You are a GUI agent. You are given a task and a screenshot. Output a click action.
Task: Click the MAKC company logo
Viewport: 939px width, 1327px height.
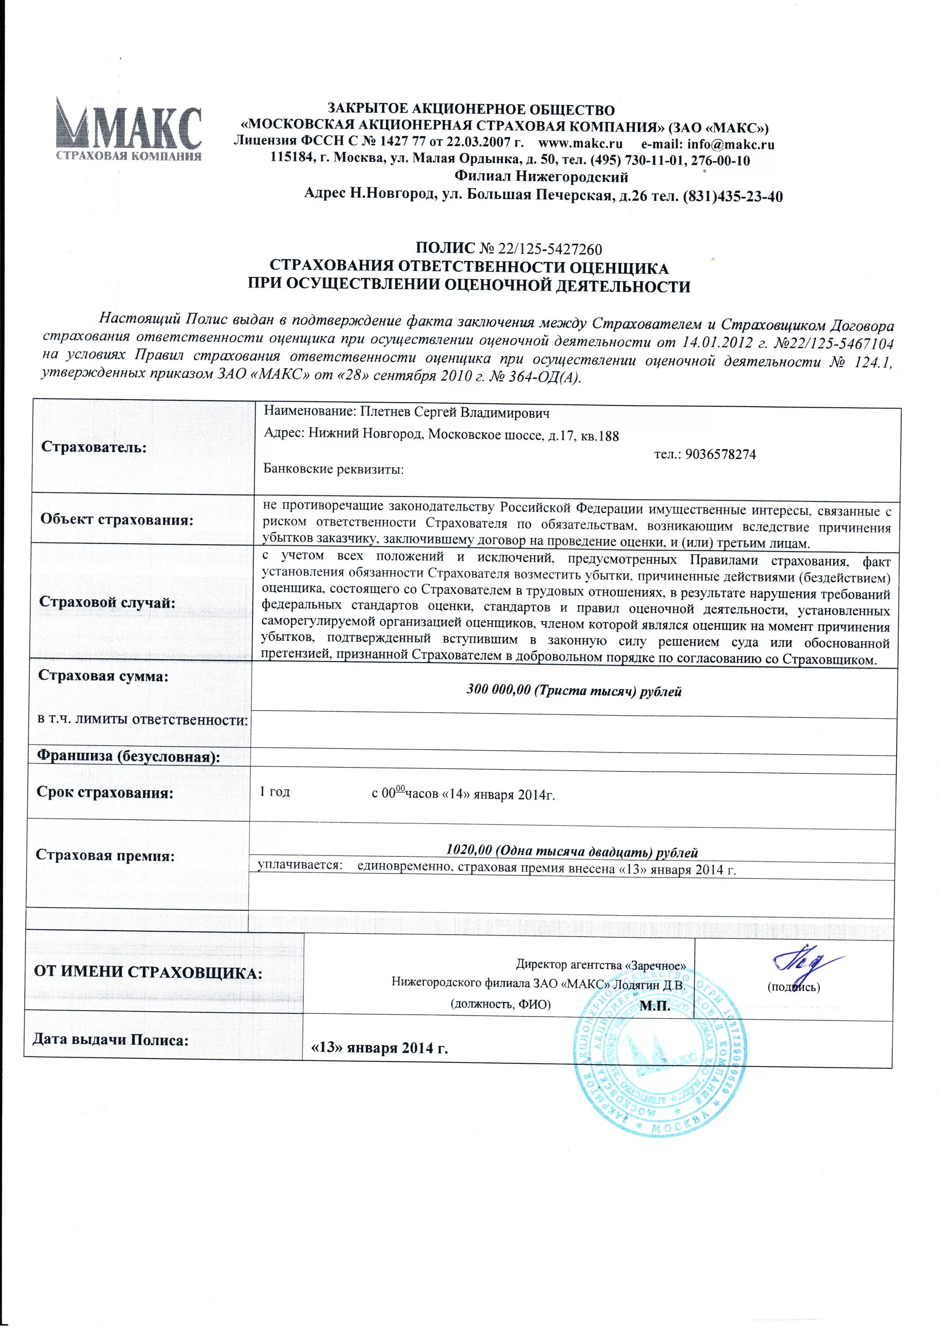[128, 128]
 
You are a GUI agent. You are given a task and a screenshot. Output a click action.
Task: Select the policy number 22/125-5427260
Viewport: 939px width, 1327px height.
[550, 249]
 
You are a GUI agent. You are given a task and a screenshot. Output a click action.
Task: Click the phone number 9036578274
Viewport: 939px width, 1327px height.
[720, 454]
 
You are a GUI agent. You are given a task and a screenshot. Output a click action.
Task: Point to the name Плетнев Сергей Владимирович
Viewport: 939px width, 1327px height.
[455, 412]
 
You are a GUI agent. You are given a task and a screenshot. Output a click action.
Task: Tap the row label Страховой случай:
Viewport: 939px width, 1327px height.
[107, 602]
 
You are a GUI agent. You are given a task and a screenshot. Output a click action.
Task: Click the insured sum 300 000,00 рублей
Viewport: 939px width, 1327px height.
[574, 691]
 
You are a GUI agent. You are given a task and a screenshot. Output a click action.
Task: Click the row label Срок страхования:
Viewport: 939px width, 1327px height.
[105, 792]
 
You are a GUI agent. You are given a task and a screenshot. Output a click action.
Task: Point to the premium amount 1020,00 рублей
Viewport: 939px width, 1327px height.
[572, 851]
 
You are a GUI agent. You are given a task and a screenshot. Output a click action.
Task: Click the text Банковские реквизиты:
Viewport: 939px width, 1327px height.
[333, 469]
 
